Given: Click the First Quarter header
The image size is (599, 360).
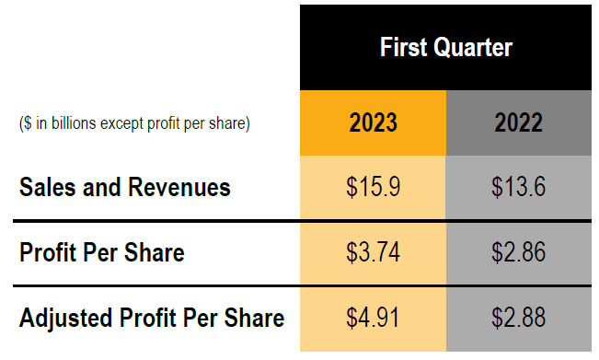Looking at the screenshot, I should pyautogui.click(x=446, y=47).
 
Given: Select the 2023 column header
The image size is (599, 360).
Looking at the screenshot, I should pyautogui.click(x=373, y=122).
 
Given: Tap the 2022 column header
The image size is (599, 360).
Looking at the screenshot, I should pyautogui.click(x=518, y=122).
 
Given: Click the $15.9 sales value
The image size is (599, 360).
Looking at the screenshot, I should pyautogui.click(x=373, y=188).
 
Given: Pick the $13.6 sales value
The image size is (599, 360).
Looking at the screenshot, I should pyautogui.click(x=518, y=188).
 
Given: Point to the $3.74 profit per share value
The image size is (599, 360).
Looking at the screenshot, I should pyautogui.click(x=373, y=252).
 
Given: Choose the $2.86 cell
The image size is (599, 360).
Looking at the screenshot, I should pyautogui.click(x=518, y=252).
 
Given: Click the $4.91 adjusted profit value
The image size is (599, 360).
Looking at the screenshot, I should pyautogui.click(x=373, y=319).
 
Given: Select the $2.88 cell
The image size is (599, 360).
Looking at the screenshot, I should pyautogui.click(x=518, y=319).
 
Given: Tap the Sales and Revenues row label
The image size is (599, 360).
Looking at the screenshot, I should pyautogui.click(x=124, y=188).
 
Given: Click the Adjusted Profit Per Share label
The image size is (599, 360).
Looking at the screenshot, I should pyautogui.click(x=152, y=319).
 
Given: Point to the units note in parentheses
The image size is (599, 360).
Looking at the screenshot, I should pyautogui.click(x=134, y=123).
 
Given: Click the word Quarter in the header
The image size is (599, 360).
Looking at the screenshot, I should pyautogui.click(x=474, y=47).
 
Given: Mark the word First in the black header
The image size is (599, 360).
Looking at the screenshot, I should pyautogui.click(x=403, y=47).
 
